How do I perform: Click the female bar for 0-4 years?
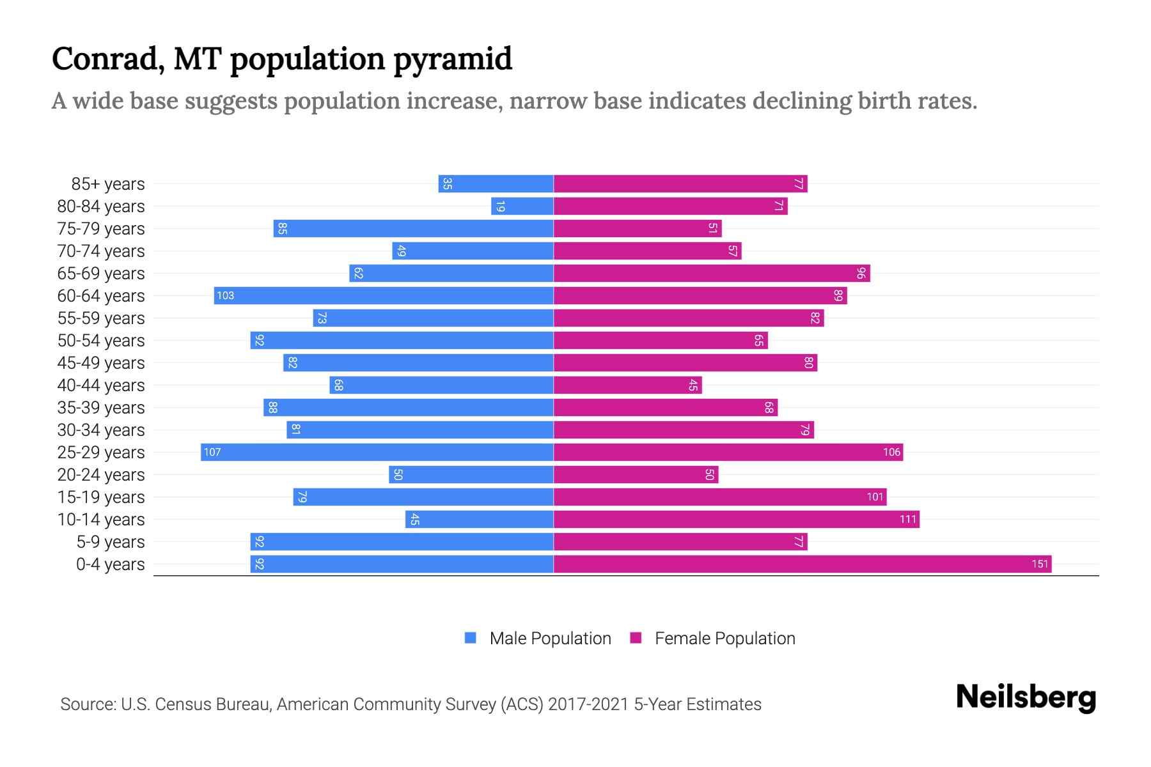click(x=802, y=564)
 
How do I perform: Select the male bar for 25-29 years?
click(x=377, y=452)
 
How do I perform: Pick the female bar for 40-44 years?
click(x=627, y=385)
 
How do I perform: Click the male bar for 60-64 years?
click(x=384, y=295)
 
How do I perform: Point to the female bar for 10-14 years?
click(x=735, y=519)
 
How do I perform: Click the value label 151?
click(x=1040, y=564)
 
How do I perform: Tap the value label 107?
click(x=212, y=452)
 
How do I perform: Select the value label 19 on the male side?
click(x=500, y=206)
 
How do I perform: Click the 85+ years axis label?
click(x=108, y=184)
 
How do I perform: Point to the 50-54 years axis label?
click(x=101, y=341)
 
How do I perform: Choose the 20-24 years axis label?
click(x=101, y=475)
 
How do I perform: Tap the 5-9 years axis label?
click(x=111, y=542)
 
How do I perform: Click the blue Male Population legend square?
click(x=471, y=638)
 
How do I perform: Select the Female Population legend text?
click(x=724, y=638)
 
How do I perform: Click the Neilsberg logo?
click(x=1026, y=697)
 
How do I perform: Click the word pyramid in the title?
click(x=453, y=59)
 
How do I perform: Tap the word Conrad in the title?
click(x=105, y=59)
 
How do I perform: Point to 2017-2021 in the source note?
click(x=588, y=704)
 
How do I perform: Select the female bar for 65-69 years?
click(x=711, y=273)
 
